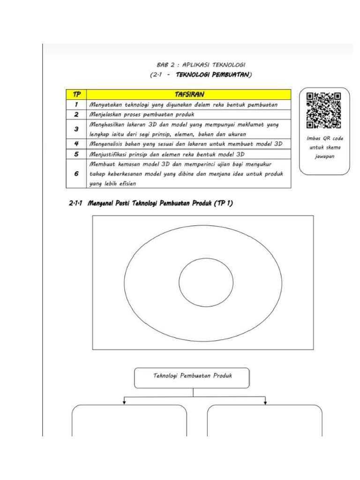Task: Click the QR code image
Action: (x=324, y=111)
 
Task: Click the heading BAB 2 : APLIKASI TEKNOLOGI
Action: (x=202, y=65)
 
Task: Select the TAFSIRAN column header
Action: (x=189, y=95)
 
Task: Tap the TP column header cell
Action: (x=76, y=95)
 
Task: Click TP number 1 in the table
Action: (x=76, y=105)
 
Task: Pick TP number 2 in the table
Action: (x=76, y=114)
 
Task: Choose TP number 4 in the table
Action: (x=76, y=144)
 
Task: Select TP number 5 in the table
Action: (x=76, y=154)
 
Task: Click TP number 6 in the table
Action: (x=76, y=173)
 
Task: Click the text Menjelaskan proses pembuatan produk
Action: (x=142, y=114)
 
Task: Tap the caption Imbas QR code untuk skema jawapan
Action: (x=324, y=147)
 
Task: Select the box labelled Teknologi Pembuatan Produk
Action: (x=192, y=377)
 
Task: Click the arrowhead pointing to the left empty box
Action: (x=125, y=402)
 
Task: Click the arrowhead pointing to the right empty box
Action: (x=266, y=402)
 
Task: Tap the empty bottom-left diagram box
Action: (x=129, y=422)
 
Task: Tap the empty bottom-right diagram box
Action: (x=264, y=422)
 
